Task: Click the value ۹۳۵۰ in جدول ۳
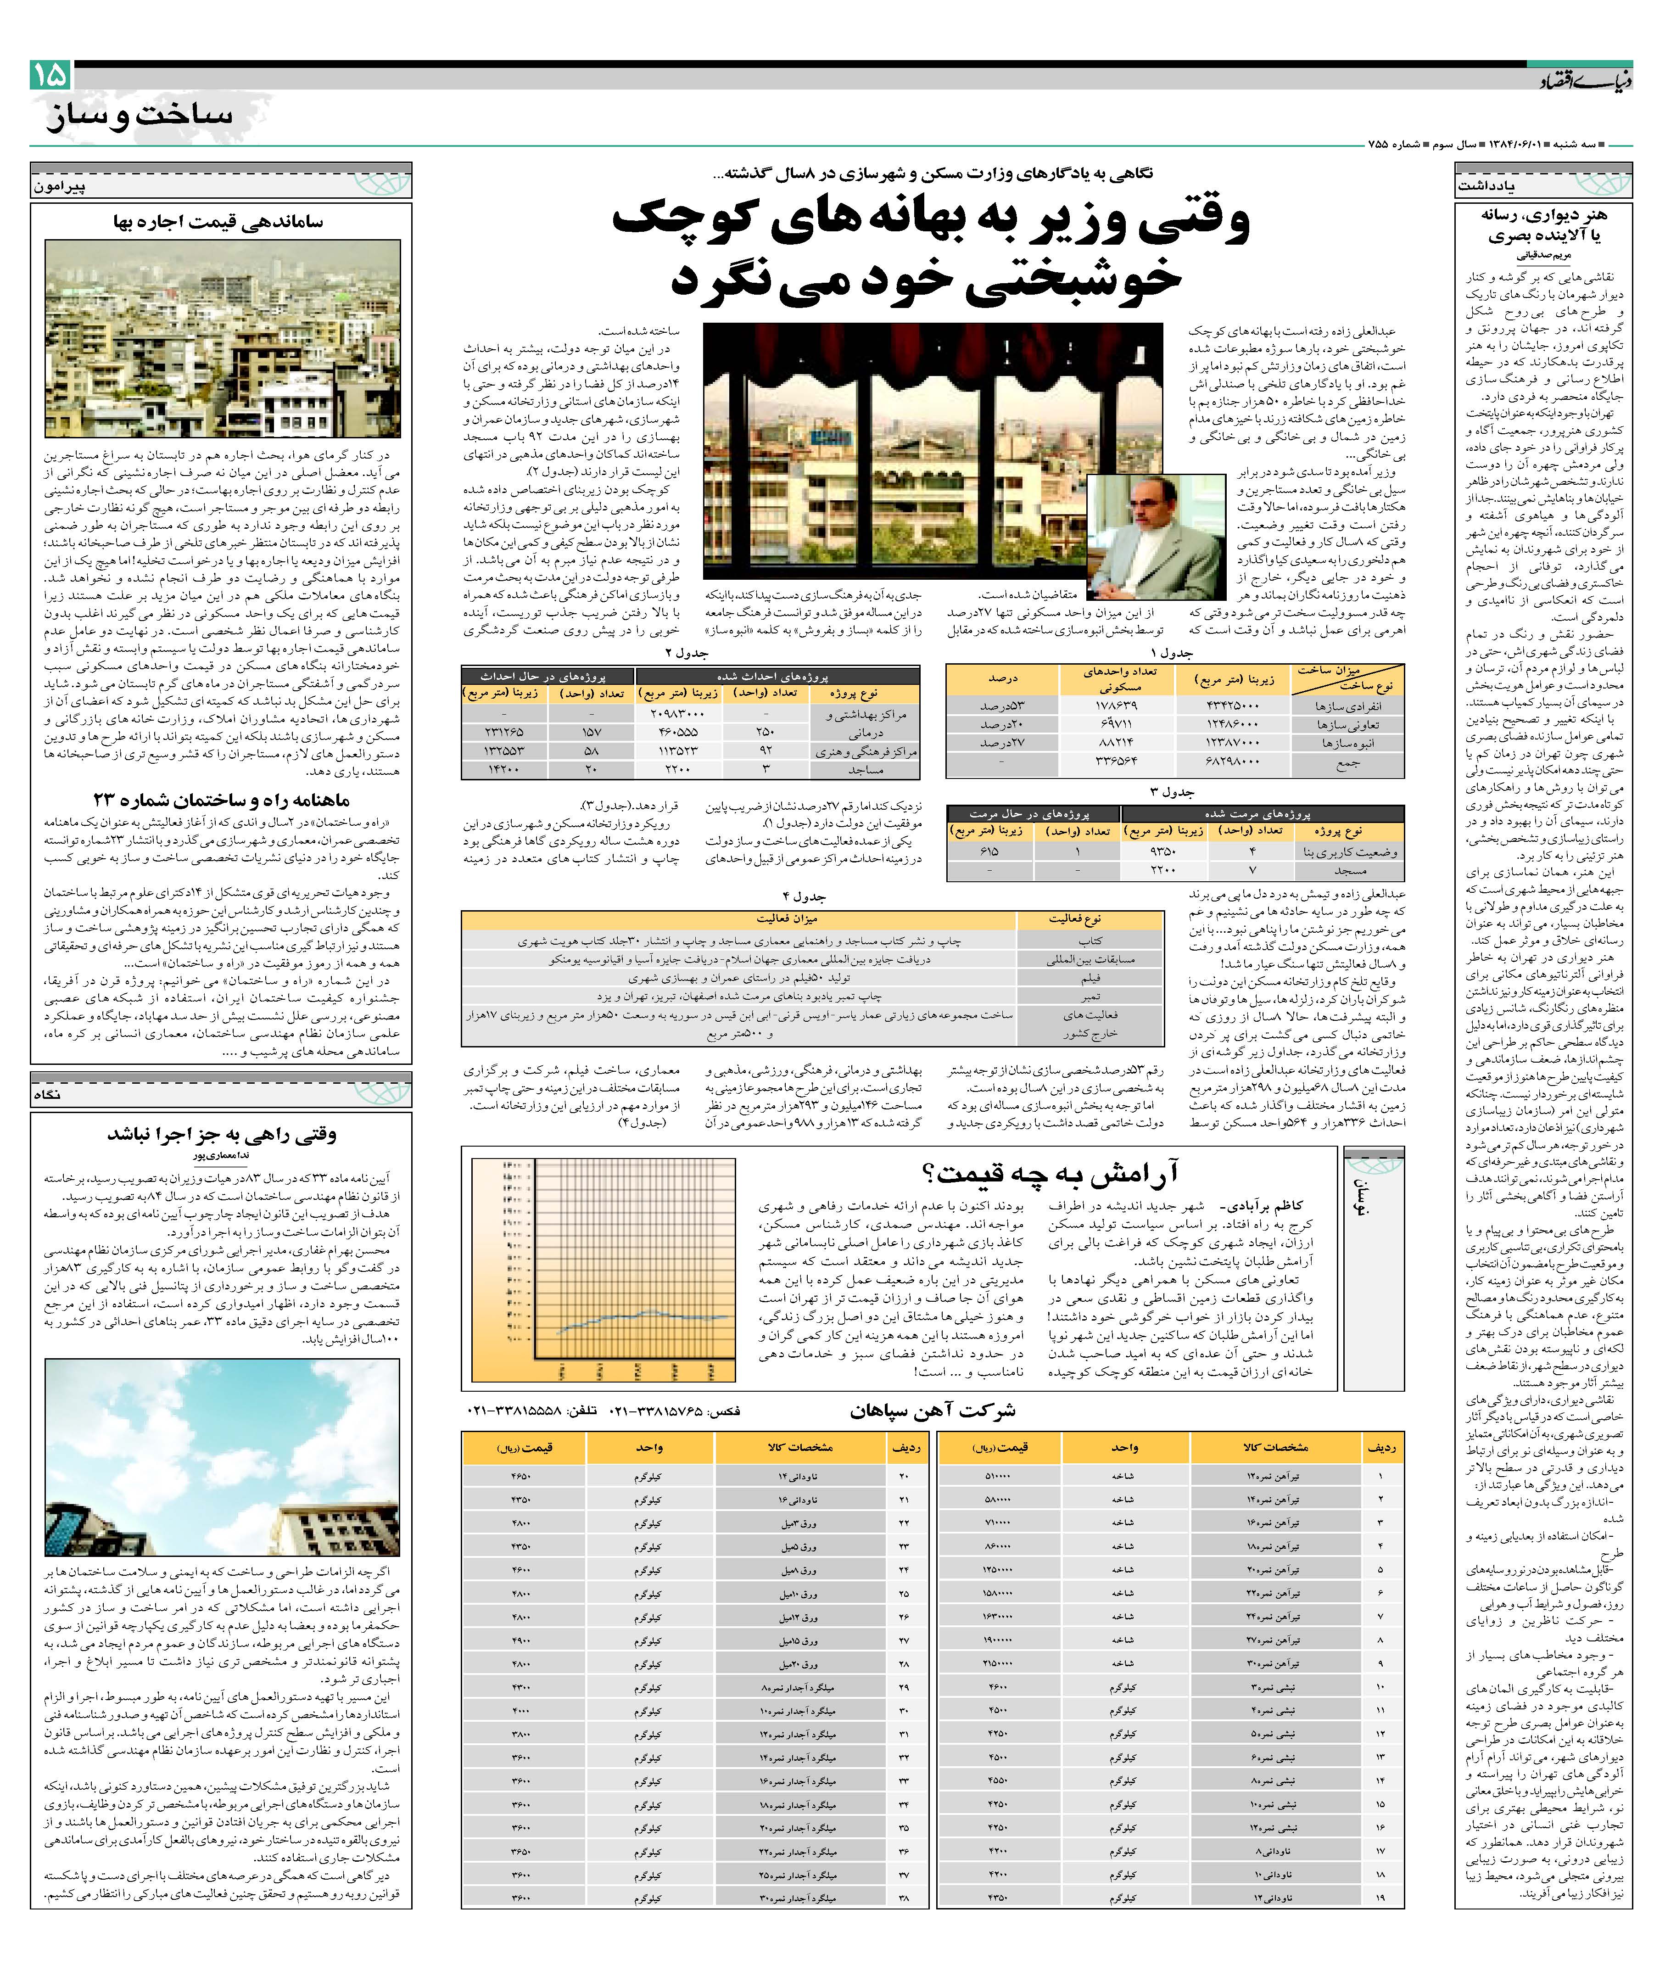(x=1162, y=851)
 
